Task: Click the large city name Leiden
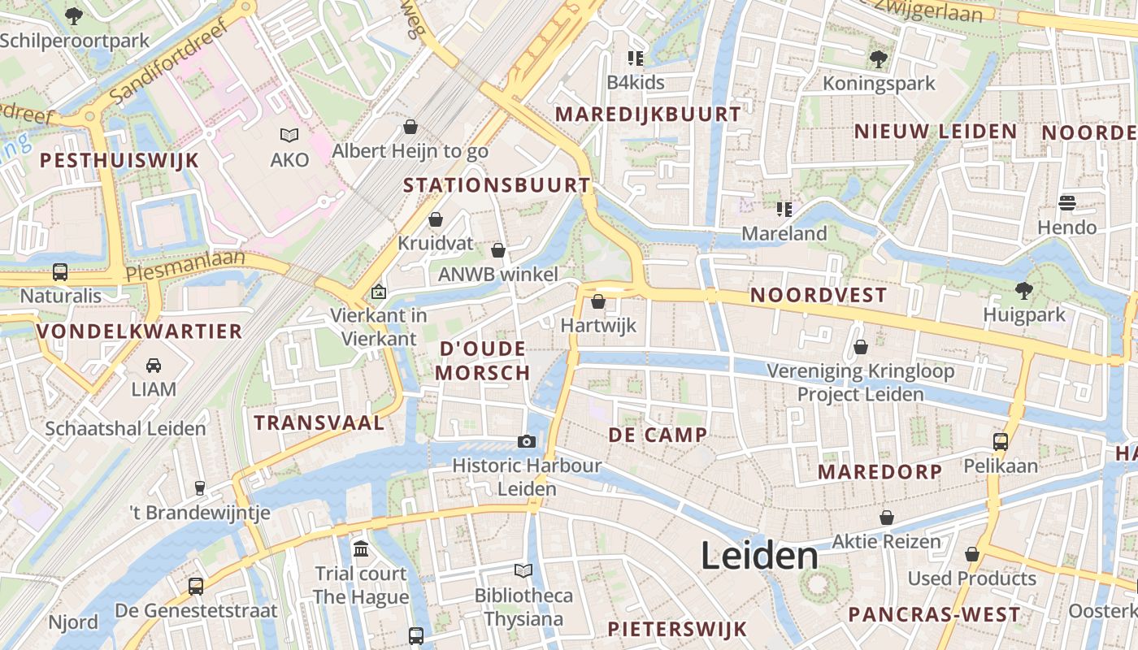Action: [x=759, y=557]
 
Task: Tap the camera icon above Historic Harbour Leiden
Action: [x=527, y=441]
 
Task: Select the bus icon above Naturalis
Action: [x=60, y=272]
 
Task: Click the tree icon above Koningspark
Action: [x=878, y=58]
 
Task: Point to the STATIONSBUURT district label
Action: [x=497, y=185]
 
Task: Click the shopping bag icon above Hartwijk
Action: [x=598, y=302]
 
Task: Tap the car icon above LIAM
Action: [x=154, y=366]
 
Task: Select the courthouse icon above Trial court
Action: [x=361, y=549]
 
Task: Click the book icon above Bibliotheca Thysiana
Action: [x=523, y=571]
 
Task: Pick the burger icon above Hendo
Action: [x=1066, y=203]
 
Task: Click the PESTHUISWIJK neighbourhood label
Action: [x=119, y=160]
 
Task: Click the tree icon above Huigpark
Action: [x=1023, y=290]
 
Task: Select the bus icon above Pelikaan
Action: [x=1001, y=442]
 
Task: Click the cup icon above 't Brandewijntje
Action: [x=200, y=488]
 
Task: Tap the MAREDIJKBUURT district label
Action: [x=648, y=115]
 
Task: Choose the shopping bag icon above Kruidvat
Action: [x=436, y=219]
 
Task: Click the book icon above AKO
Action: [x=289, y=136]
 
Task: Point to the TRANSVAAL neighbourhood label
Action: [x=319, y=422]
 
